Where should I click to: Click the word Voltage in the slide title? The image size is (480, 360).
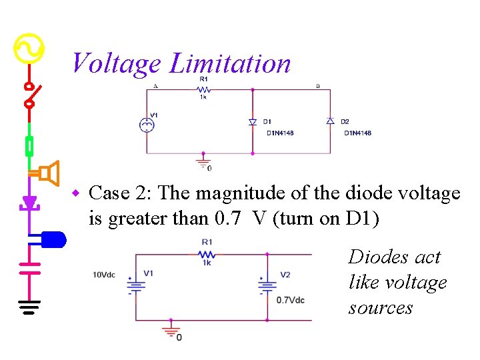[x=115, y=64]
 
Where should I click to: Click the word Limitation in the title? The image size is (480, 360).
[x=231, y=64]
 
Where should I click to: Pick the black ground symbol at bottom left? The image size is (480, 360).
[x=29, y=307]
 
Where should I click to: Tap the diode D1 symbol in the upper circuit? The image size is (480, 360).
[x=252, y=121]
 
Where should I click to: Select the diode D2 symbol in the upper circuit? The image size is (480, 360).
[x=330, y=121]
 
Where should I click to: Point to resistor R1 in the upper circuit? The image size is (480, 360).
[x=204, y=89]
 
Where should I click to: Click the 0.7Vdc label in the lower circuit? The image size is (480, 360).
[x=291, y=300]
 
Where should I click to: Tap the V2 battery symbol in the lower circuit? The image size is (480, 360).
[x=267, y=285]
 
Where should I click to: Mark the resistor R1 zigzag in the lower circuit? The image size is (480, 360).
[x=207, y=254]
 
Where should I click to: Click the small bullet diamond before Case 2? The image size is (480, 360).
[x=77, y=193]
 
